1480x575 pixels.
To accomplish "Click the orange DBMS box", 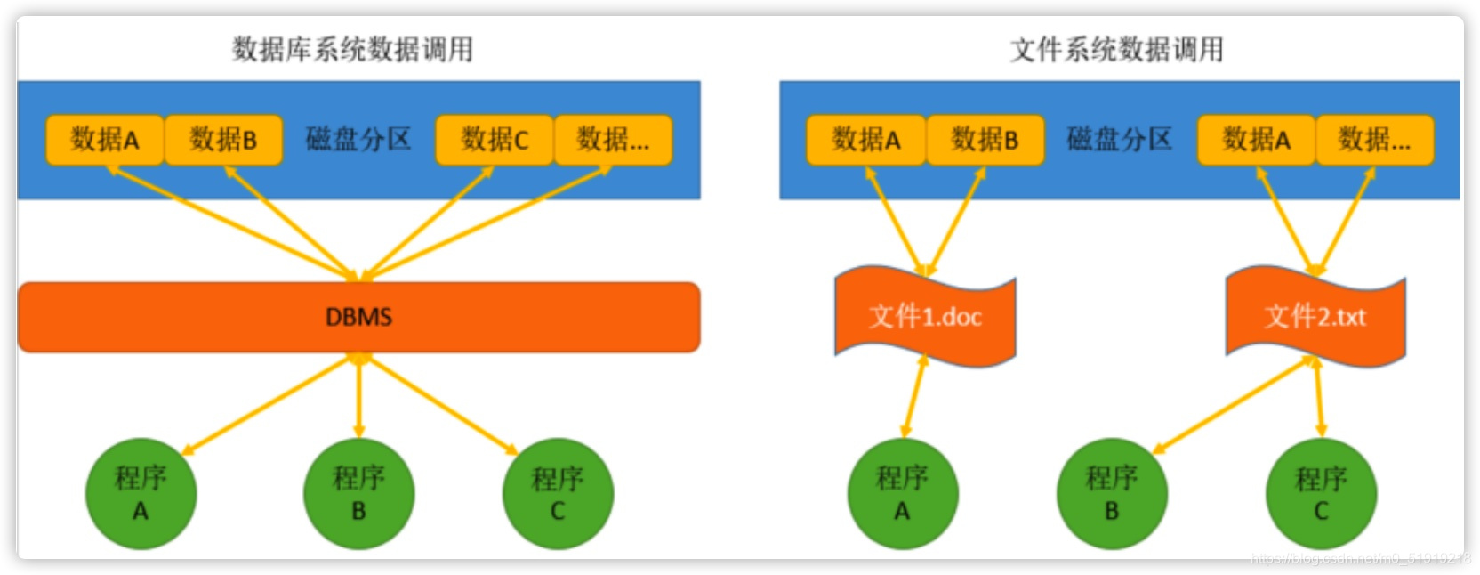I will [x=358, y=317].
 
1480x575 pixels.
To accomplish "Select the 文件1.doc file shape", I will [x=925, y=316].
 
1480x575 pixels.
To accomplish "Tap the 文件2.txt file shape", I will [x=1315, y=316].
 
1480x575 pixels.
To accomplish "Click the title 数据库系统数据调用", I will [x=352, y=49].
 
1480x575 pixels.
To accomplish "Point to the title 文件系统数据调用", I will [x=1116, y=49].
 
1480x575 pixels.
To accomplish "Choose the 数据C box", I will [x=495, y=140].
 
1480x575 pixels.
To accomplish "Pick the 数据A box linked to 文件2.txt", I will [x=1256, y=140].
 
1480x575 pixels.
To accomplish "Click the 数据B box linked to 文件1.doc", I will [x=985, y=140].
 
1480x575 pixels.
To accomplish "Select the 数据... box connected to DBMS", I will [x=613, y=140].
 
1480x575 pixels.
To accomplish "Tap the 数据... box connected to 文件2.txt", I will [x=1374, y=140].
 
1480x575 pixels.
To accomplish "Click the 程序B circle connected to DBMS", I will [x=358, y=493].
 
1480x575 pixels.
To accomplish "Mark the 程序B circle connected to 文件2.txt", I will [x=1112, y=493].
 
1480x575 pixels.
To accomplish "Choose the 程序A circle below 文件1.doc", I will [x=903, y=493].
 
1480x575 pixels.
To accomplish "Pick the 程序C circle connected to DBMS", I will [x=558, y=493].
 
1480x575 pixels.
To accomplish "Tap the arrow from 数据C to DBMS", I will [x=427, y=223].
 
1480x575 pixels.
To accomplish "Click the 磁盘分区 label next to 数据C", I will [x=358, y=140].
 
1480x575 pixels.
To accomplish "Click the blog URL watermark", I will [x=1360, y=559].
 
